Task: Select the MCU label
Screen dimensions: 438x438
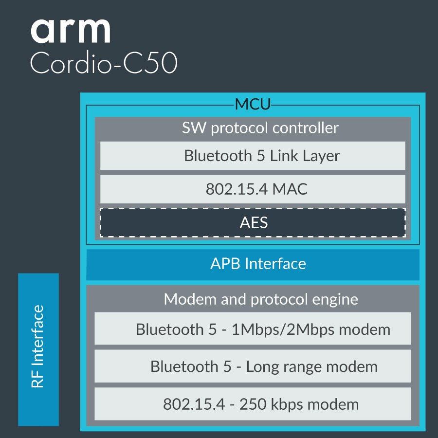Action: click(x=253, y=104)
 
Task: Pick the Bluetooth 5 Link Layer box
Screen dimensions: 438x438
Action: click(x=253, y=156)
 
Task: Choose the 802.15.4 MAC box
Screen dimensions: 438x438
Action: click(x=253, y=189)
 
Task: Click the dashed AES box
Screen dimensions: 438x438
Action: click(x=253, y=222)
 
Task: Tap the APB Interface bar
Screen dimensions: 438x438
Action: click(x=253, y=264)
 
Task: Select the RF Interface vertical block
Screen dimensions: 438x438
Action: click(x=38, y=349)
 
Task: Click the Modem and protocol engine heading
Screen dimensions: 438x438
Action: click(x=261, y=299)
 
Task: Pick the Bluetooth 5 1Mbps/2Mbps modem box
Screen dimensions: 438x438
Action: click(x=253, y=329)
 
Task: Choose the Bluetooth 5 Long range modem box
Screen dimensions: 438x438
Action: click(x=253, y=366)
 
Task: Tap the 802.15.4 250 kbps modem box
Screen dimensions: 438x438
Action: click(x=253, y=404)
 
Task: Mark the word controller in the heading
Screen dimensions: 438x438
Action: click(x=306, y=128)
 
